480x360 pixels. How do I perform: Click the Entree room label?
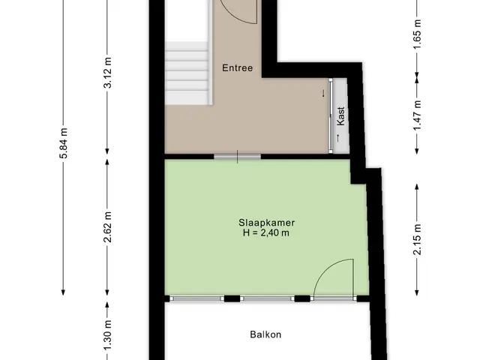(x=238, y=67)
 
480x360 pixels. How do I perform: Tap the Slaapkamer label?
(x=267, y=223)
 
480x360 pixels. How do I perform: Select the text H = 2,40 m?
(x=266, y=232)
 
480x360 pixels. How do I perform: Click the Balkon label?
(x=265, y=334)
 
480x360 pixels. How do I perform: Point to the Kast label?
(x=340, y=116)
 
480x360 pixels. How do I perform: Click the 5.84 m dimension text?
(x=63, y=143)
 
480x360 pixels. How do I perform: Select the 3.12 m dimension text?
(x=108, y=73)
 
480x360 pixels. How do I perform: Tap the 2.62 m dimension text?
(x=108, y=226)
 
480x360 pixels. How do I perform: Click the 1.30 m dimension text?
(x=108, y=335)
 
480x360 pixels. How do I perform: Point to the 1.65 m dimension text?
(x=417, y=34)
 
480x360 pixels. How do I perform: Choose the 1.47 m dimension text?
(x=417, y=115)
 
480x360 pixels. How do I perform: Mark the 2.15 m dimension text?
(x=417, y=239)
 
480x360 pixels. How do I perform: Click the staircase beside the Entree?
(x=188, y=73)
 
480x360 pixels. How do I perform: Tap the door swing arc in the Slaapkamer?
(x=325, y=269)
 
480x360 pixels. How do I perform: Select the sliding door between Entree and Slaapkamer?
(x=237, y=157)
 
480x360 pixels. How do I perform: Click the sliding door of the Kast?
(x=331, y=115)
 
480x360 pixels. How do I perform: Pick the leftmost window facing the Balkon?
(x=197, y=298)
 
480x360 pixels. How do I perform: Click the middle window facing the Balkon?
(x=267, y=298)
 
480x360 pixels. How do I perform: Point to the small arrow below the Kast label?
(x=338, y=138)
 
